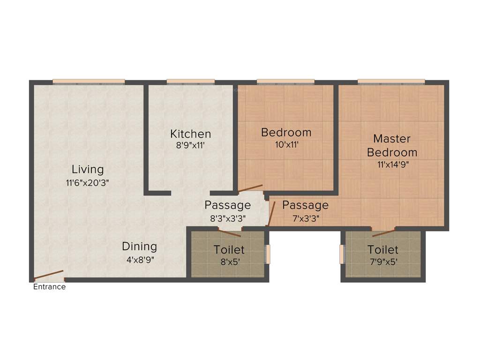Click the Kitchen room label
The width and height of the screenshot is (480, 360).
190,134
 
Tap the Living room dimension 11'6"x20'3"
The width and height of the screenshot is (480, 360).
88,184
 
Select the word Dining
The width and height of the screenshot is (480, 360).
139,246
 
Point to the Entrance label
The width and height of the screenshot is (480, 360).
49,287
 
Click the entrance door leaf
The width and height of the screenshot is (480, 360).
49,274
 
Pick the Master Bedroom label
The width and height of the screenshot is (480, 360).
392,145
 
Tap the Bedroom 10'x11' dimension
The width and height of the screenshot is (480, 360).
286,145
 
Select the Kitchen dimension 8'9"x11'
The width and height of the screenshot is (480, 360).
190,145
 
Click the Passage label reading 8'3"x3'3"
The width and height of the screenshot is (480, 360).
227,217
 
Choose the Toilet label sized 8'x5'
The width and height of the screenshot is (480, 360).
229,249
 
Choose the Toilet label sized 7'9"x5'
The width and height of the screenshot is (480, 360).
383,249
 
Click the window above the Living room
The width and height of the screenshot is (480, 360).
89,82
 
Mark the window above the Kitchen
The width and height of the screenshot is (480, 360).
190,82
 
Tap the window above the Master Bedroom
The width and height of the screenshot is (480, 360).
391,82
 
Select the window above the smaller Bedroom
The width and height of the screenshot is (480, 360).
285,82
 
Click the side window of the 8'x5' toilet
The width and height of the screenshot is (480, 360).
268,254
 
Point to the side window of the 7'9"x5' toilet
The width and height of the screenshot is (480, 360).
342,254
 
